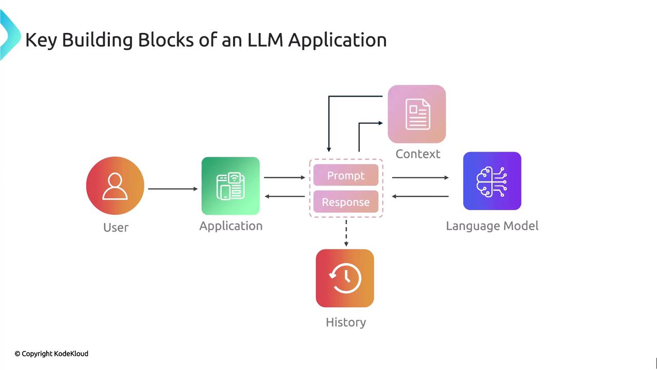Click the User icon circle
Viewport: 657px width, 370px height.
tap(115, 186)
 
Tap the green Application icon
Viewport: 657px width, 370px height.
tap(230, 186)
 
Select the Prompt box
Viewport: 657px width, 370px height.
tap(346, 175)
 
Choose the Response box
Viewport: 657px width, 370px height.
tap(346, 202)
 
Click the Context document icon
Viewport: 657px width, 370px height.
tap(417, 114)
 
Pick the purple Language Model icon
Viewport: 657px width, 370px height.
tap(492, 181)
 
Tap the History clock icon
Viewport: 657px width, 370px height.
tap(345, 278)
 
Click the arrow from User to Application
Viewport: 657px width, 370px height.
tap(173, 189)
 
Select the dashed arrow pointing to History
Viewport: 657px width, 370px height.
tap(346, 233)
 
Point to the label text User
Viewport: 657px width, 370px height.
tap(116, 227)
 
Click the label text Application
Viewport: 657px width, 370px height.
tap(231, 226)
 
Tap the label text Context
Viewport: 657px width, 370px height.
tap(418, 154)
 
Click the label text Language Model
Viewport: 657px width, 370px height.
tap(492, 226)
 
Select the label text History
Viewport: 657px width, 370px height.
tap(346, 322)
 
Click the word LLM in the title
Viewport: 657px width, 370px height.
tap(265, 40)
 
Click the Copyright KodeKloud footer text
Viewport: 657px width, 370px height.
tap(51, 354)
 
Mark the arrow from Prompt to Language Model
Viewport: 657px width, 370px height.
tap(420, 178)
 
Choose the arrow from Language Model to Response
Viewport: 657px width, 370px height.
tap(420, 196)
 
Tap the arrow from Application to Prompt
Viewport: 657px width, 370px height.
tap(284, 178)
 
